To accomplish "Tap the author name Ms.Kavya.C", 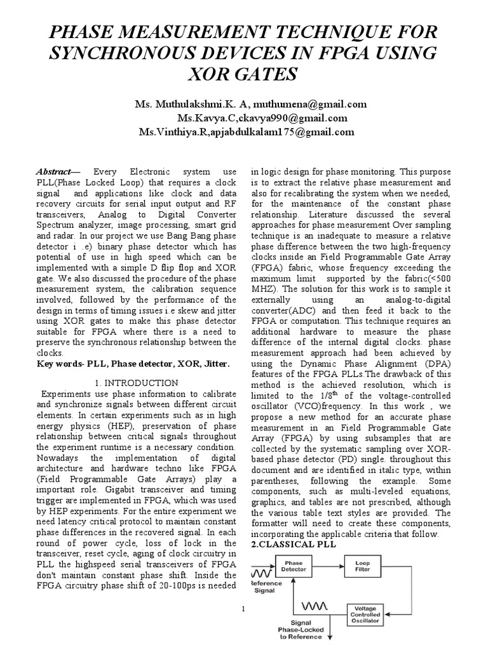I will click(201, 118).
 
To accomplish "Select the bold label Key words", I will click(56, 364).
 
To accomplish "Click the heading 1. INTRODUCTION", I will click(137, 383).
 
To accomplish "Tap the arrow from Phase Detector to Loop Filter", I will click(327, 566).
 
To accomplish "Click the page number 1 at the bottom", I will click(243, 610).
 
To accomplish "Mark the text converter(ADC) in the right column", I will click(283, 311).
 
